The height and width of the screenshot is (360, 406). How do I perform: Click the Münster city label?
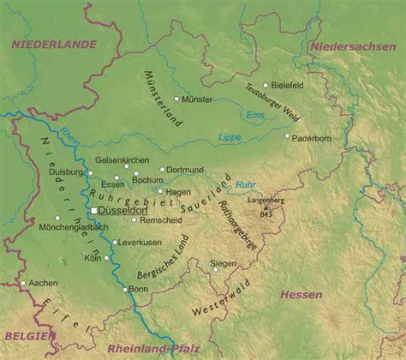click(x=198, y=100)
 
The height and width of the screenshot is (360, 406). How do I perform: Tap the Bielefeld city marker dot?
click(x=266, y=85)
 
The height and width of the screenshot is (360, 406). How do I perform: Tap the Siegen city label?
click(x=224, y=264)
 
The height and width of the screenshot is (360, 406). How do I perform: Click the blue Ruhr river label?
click(x=246, y=183)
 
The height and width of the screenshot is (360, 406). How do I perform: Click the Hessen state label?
click(x=301, y=295)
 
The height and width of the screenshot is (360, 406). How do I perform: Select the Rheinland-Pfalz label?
click(x=152, y=349)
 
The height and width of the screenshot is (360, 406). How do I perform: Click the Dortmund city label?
click(x=185, y=170)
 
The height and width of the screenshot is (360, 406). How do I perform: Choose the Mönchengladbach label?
click(x=74, y=227)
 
